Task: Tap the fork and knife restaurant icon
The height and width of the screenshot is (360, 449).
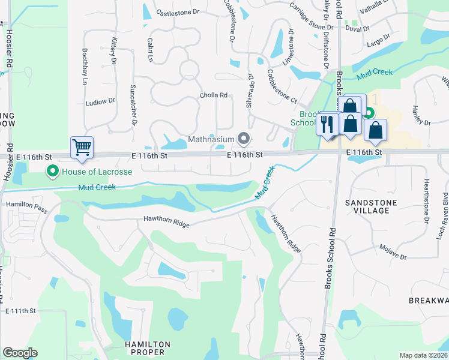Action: tap(327, 124)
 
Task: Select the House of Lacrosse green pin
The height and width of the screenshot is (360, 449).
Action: tap(53, 172)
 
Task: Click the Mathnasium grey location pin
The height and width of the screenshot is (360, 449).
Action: tap(244, 139)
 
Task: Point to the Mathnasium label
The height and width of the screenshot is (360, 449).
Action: tap(211, 140)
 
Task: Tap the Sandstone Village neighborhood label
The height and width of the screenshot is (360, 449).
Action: tap(371, 207)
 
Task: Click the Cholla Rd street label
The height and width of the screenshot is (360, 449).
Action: tap(214, 95)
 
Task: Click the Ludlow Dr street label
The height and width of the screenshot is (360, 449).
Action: tap(100, 102)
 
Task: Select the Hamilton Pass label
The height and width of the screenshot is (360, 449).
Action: tap(26, 205)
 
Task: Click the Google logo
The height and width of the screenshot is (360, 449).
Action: tap(19, 353)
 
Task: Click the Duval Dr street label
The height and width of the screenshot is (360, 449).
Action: tap(357, 28)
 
